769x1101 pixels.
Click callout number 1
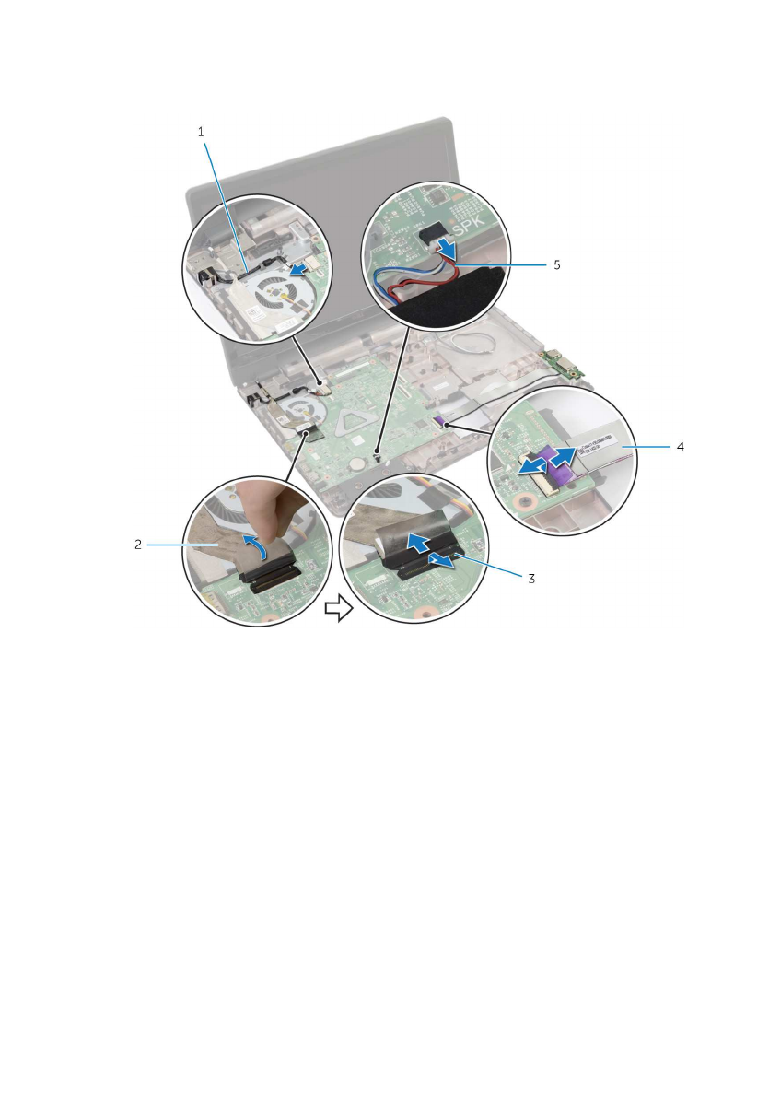coord(202,132)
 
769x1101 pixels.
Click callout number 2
coord(138,545)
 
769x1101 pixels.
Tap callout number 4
coord(681,447)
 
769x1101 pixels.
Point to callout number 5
coord(557,264)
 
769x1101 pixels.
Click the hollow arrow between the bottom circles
coord(338,608)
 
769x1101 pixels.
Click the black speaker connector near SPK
coord(432,232)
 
